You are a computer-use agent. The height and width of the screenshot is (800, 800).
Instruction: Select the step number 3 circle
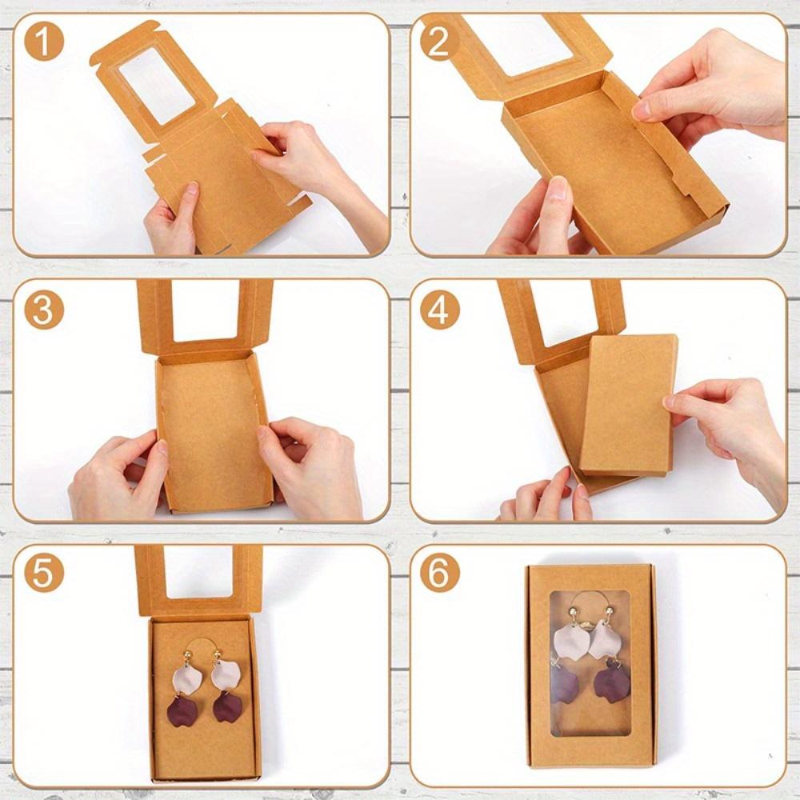click(44, 310)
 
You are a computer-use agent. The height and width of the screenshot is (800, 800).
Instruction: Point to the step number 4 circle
click(439, 310)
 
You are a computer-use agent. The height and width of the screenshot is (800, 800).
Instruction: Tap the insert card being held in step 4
click(628, 404)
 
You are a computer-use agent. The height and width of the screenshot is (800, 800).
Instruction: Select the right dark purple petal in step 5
click(229, 707)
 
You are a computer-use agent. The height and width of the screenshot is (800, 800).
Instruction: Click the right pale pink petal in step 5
click(227, 675)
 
